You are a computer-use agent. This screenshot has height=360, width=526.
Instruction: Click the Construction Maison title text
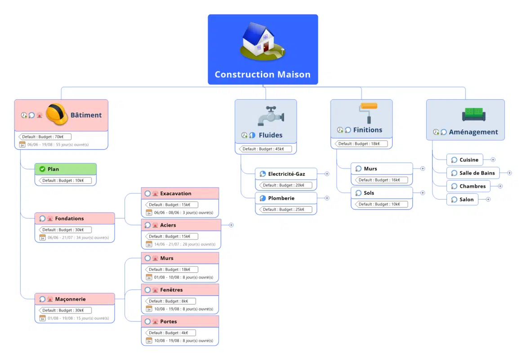point(263,75)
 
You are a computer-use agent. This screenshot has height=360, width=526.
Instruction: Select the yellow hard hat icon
point(57,114)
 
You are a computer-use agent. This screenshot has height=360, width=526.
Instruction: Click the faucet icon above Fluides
point(271,116)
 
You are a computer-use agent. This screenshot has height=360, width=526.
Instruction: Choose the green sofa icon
point(473,115)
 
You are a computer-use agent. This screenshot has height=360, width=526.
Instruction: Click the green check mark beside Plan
point(42,169)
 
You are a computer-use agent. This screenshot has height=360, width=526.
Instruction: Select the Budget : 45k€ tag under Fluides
point(265,149)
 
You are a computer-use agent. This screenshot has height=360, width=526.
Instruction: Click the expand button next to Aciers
point(231,225)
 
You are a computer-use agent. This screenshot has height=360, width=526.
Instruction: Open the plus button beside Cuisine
point(493,160)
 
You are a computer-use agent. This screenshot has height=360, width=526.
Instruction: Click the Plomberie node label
point(281,198)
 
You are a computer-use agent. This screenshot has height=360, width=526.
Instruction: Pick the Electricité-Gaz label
point(286,174)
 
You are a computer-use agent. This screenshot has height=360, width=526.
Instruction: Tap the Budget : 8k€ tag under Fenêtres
point(171,301)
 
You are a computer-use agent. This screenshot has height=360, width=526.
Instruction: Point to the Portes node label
point(168,321)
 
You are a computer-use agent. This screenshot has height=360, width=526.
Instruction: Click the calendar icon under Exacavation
point(149,213)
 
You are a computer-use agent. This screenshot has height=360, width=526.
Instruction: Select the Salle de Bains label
point(477,173)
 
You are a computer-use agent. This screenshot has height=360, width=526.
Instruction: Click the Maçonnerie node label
point(70,299)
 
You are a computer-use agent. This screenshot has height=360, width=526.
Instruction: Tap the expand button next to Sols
point(423,193)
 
